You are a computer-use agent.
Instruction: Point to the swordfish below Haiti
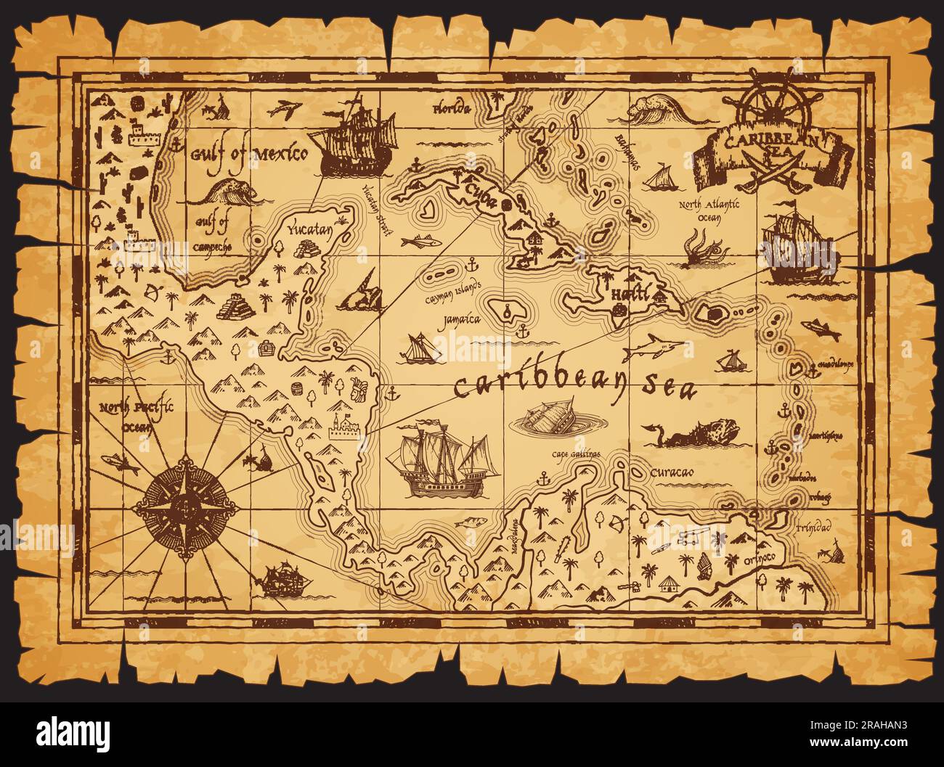point(655,347)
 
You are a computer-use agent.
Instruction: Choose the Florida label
point(452,110)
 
